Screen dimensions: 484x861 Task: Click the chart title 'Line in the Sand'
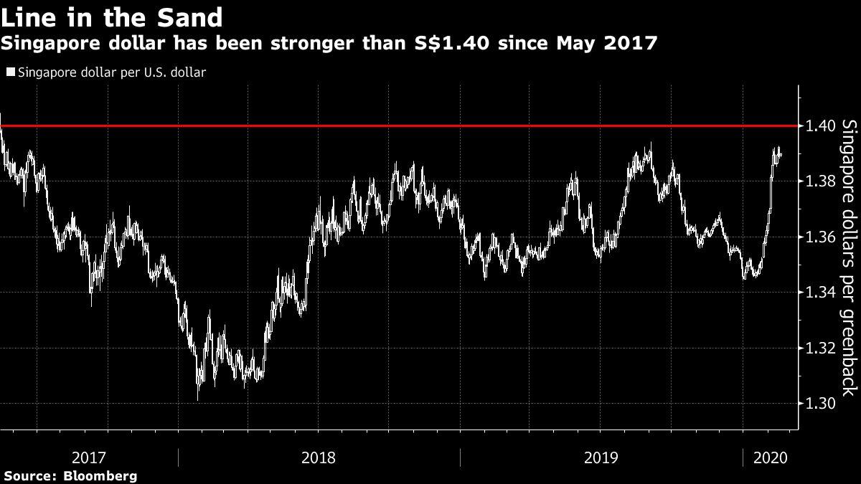point(111,16)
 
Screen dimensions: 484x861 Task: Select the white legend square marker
point(9,72)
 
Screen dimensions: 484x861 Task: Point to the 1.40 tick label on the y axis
point(820,126)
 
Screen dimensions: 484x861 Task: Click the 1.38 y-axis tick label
point(820,181)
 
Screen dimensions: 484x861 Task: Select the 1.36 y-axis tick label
point(820,237)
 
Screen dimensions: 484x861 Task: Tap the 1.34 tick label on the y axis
point(820,293)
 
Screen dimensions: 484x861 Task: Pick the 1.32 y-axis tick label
point(820,348)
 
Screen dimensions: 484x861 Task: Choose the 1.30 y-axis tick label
point(820,404)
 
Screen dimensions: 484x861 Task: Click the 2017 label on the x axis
point(90,457)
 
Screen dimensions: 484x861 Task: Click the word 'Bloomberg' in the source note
point(100,475)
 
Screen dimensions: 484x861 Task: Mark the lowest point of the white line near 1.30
point(197,399)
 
